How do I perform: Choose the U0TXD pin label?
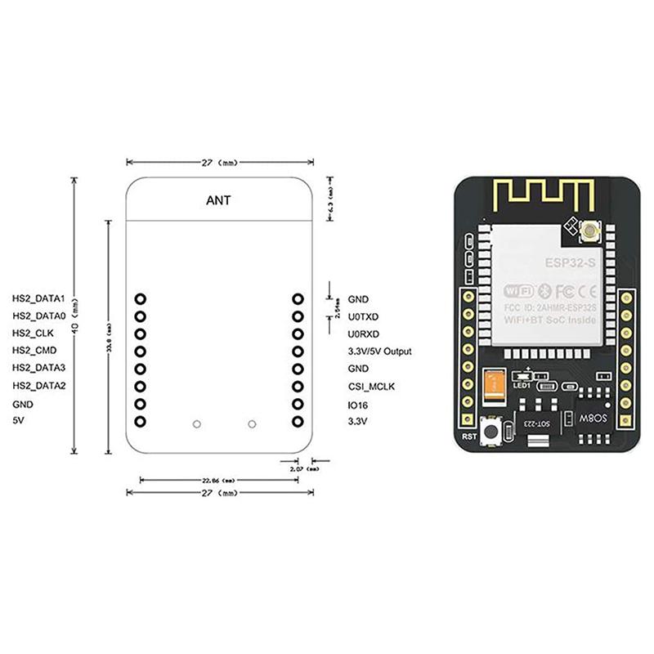pyautogui.click(x=363, y=316)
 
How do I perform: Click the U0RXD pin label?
pyautogui.click(x=363, y=334)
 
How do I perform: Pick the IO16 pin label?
pyautogui.click(x=358, y=404)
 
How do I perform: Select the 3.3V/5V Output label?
pyautogui.click(x=379, y=352)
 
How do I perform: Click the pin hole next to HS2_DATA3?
pyautogui.click(x=141, y=369)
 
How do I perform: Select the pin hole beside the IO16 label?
pyautogui.click(x=298, y=404)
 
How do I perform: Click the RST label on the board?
pyautogui.click(x=468, y=435)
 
